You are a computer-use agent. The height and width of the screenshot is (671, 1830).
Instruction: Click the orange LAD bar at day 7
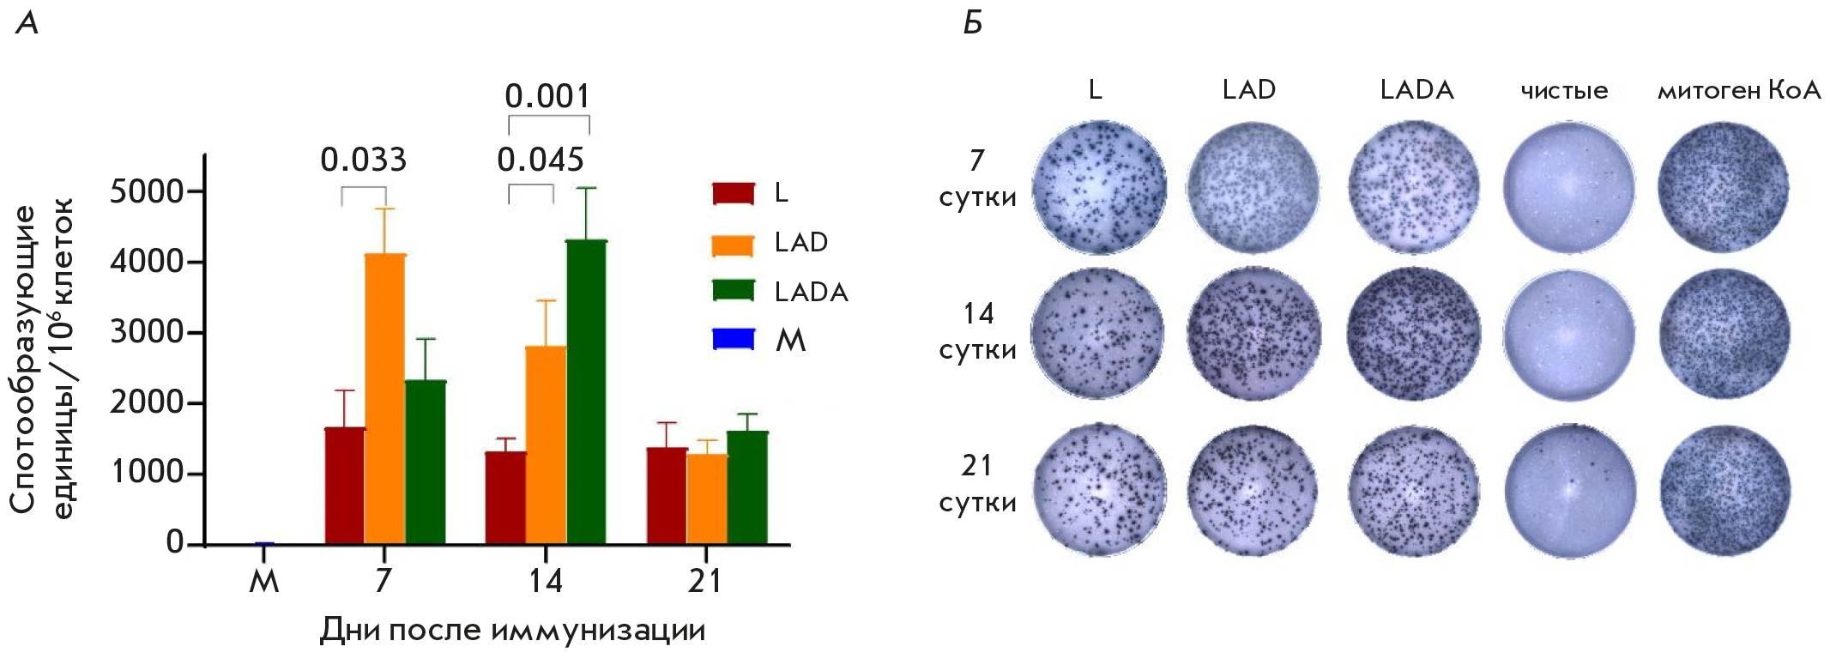pos(385,399)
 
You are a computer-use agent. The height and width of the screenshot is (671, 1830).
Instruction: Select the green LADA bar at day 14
pos(586,392)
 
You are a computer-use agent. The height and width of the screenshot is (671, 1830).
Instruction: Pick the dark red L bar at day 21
pos(667,496)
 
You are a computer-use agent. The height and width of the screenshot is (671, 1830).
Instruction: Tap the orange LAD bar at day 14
pos(546,445)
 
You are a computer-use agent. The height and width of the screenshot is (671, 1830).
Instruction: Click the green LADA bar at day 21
pos(747,487)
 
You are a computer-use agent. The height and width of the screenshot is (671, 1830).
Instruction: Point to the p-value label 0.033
pos(364,160)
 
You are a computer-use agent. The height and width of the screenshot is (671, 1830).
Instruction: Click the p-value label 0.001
pos(547,96)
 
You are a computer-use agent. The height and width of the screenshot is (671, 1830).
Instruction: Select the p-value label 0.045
pos(541,160)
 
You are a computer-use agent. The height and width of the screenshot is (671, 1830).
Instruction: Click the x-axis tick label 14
pos(545,582)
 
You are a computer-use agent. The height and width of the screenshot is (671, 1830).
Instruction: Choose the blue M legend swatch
pos(734,341)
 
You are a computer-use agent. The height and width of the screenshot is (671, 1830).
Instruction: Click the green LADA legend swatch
pos(734,291)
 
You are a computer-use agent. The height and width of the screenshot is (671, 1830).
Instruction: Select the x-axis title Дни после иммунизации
pos(512,631)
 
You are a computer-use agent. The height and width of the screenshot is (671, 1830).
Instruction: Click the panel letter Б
pos(972,23)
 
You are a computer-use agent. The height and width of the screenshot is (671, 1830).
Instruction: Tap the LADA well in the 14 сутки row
pos(1414,334)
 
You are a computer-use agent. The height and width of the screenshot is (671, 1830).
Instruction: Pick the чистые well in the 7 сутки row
pos(1569,187)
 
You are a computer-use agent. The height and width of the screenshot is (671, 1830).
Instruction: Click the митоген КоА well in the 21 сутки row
pos(1724,491)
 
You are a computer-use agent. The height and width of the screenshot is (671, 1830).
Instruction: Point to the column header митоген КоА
pos(1738,91)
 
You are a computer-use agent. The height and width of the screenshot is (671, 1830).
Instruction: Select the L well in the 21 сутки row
pos(1099,491)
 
